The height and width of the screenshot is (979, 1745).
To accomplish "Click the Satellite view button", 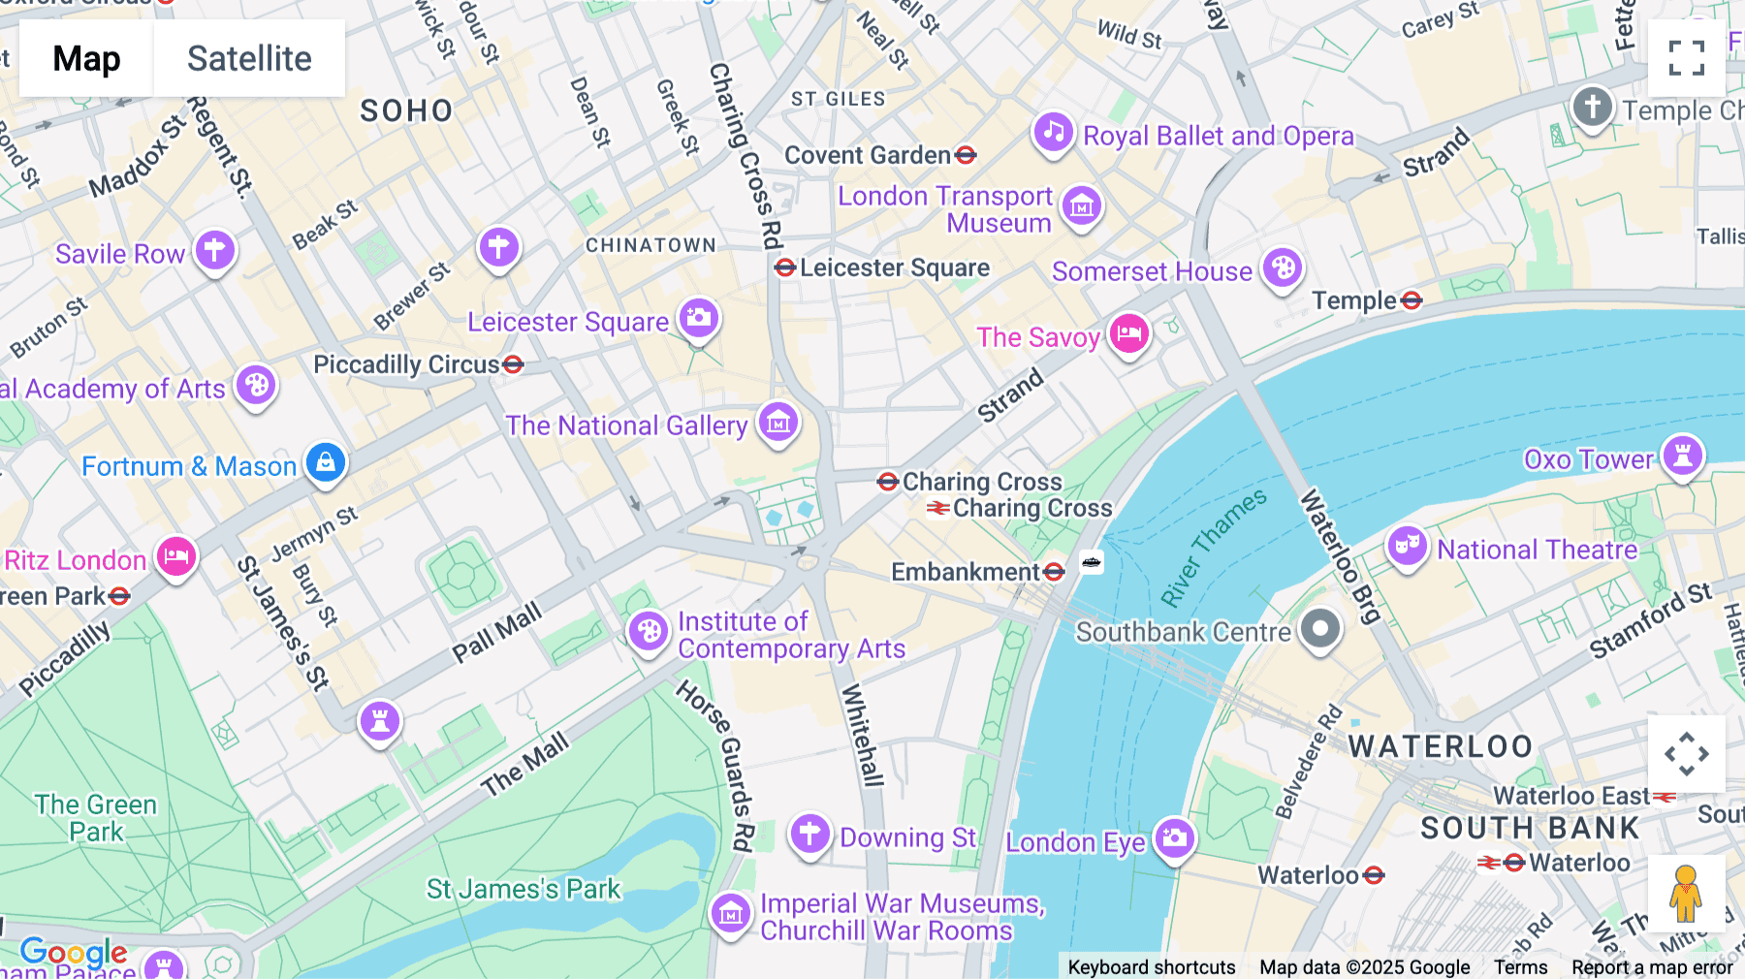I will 249,58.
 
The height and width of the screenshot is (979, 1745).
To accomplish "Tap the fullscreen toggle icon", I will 1686,58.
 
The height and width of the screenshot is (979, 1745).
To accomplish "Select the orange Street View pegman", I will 1686,893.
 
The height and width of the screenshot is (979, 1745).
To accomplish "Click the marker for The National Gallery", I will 777,422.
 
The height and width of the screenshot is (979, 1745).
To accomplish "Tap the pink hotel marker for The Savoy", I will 1128,333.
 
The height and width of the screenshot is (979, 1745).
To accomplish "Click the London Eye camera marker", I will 1174,837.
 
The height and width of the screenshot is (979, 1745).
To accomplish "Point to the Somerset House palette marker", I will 1283,268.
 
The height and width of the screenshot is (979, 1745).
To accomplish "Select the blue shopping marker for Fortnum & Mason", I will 326,462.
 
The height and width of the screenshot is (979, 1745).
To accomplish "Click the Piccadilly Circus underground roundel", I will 513,364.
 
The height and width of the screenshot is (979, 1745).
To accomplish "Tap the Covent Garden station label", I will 868,155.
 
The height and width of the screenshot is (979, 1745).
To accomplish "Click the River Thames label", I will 1214,547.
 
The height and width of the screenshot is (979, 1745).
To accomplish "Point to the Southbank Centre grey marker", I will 1319,629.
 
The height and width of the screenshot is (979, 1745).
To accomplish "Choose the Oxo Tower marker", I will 1682,456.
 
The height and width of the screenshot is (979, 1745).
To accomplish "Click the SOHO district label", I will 406,111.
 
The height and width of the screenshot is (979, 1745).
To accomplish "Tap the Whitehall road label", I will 862,734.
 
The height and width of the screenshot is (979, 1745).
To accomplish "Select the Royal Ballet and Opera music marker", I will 1053,132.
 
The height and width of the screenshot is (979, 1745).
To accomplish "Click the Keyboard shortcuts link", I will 1151,966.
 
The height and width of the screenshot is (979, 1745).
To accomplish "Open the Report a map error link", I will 1651,966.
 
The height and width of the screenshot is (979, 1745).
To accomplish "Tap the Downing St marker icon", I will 809,834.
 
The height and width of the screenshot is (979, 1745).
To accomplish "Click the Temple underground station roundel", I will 1412,300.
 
